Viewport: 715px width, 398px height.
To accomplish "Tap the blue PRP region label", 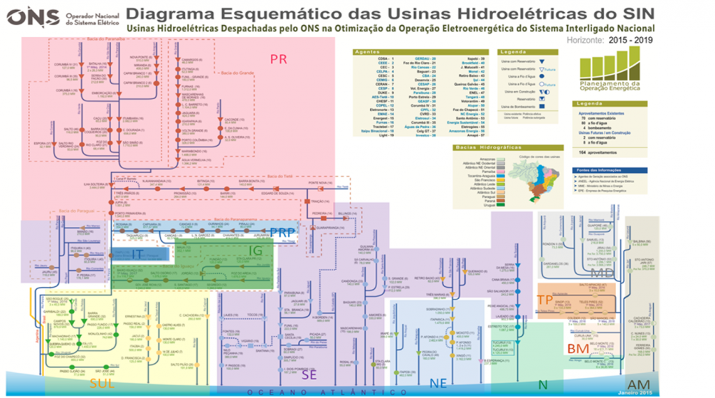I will click(x=283, y=234).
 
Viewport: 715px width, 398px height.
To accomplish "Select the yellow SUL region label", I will click(x=102, y=383).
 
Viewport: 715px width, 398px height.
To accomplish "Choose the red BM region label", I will click(x=577, y=348).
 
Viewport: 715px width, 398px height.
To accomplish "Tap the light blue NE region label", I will click(x=438, y=383).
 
